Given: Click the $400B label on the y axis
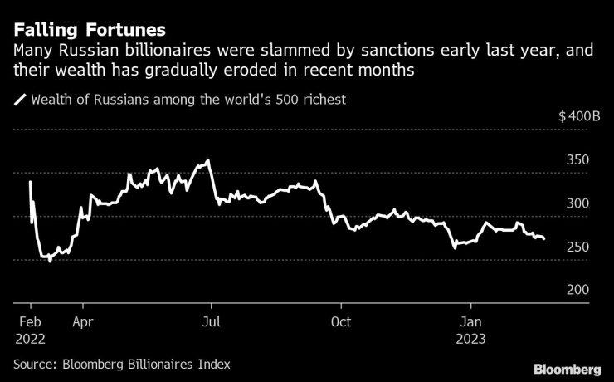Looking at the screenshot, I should (x=579, y=116).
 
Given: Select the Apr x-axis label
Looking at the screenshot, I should (x=82, y=321).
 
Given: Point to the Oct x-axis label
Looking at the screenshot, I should (x=341, y=321).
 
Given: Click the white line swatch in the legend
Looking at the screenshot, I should (x=20, y=100).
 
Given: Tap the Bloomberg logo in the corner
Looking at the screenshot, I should (x=568, y=368).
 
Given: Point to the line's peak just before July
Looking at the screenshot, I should (x=207, y=160).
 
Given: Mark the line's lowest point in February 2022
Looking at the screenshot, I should (x=50, y=262).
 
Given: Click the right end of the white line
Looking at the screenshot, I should (x=544, y=239).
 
